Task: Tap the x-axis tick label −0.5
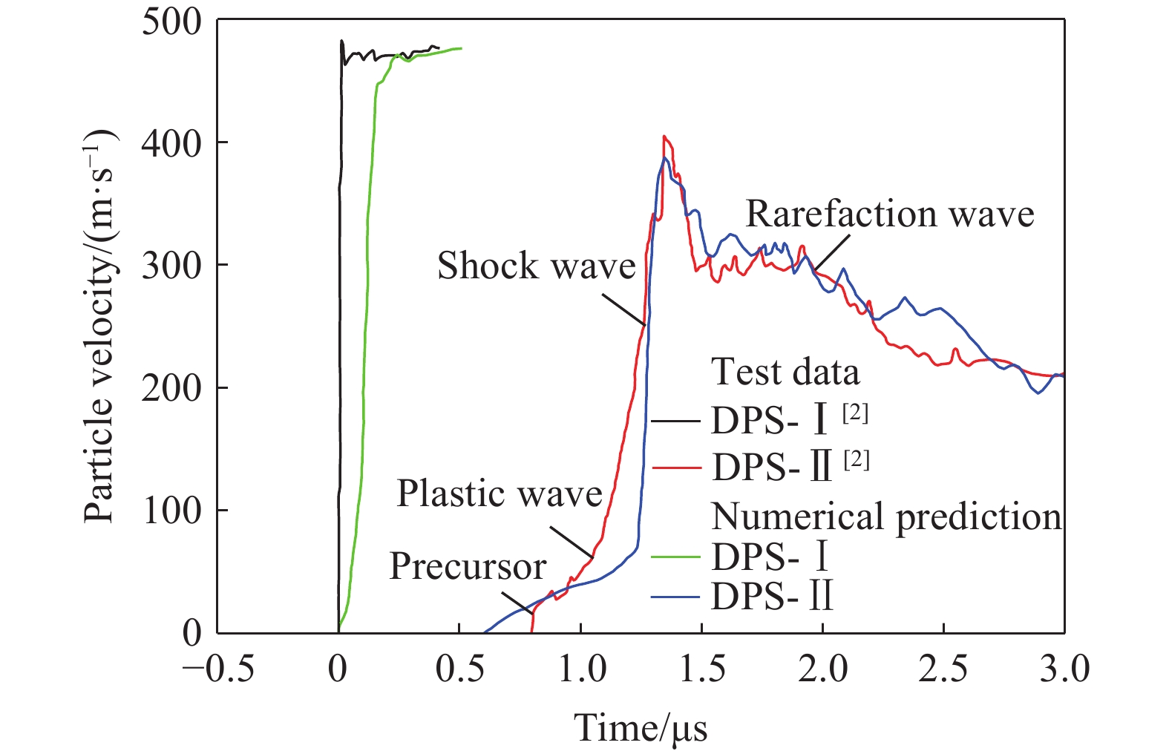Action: pyautogui.click(x=219, y=669)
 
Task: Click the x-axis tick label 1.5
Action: pyautogui.click(x=702, y=669)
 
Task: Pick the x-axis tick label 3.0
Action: pyautogui.click(x=1064, y=669)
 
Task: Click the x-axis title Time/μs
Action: pyautogui.click(x=641, y=727)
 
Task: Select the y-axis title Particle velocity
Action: pyautogui.click(x=99, y=327)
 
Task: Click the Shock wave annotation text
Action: pyautogui.click(x=536, y=266)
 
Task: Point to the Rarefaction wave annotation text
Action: pyautogui.click(x=889, y=214)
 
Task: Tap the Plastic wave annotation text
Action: pyautogui.click(x=499, y=494)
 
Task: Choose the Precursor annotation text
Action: pyautogui.click(x=468, y=567)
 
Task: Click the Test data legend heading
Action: pyautogui.click(x=785, y=372)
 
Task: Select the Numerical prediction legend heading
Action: pyautogui.click(x=886, y=517)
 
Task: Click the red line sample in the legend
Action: pyautogui.click(x=676, y=468)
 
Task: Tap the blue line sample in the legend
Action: pyautogui.click(x=676, y=597)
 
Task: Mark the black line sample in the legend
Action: pyautogui.click(x=676, y=422)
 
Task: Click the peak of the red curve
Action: pyautogui.click(x=664, y=137)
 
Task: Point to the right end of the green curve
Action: pyautogui.click(x=461, y=48)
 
